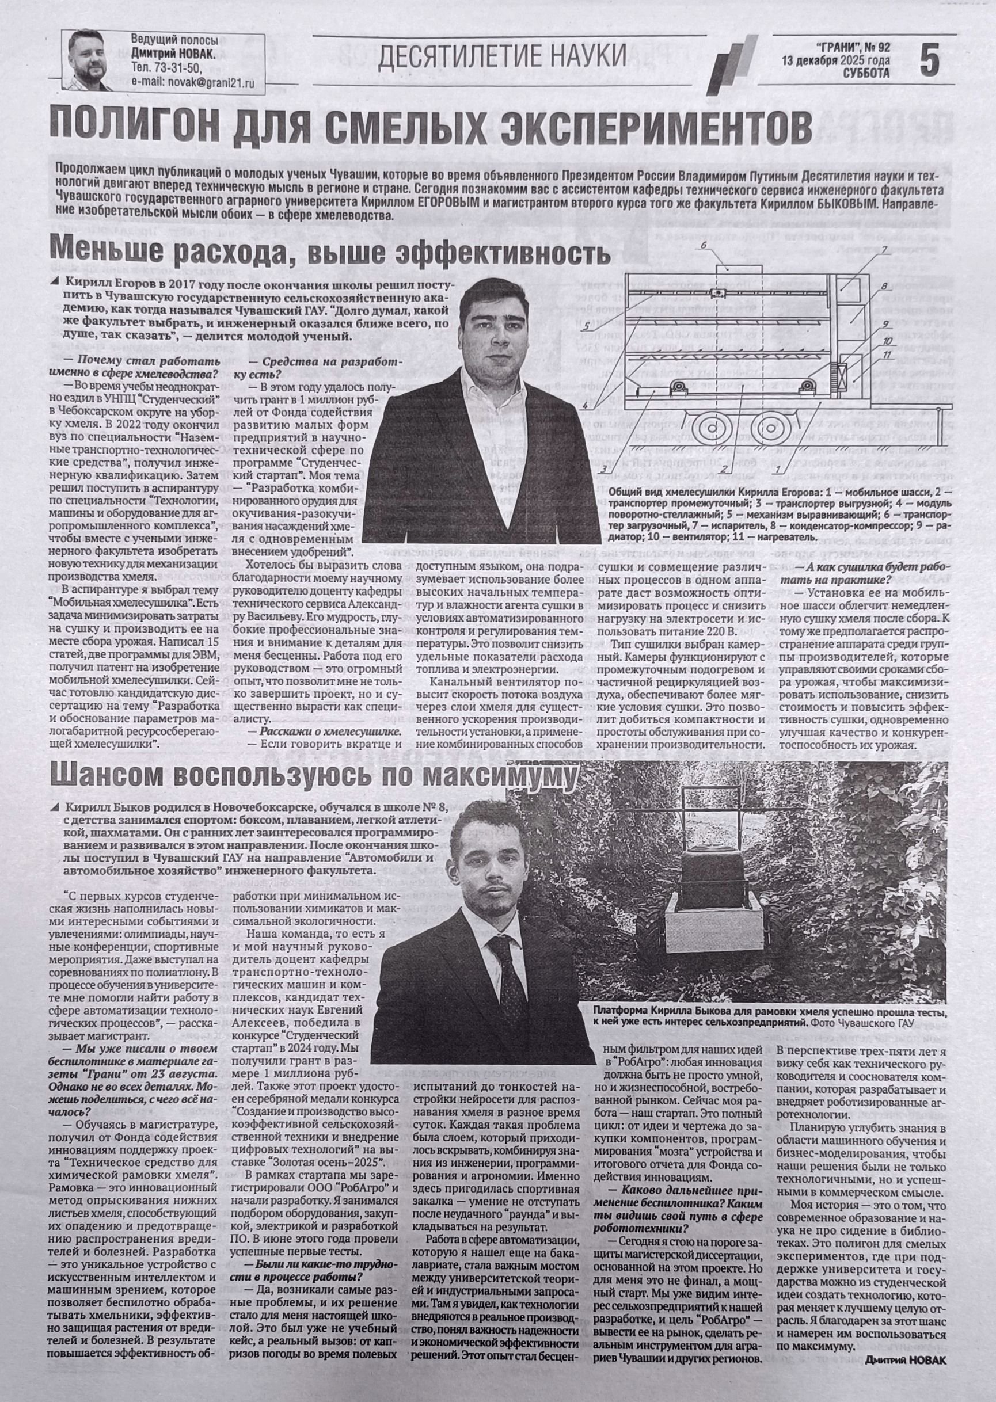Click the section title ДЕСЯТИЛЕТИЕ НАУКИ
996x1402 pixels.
(x=501, y=56)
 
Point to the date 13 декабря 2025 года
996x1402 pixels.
(x=835, y=60)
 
